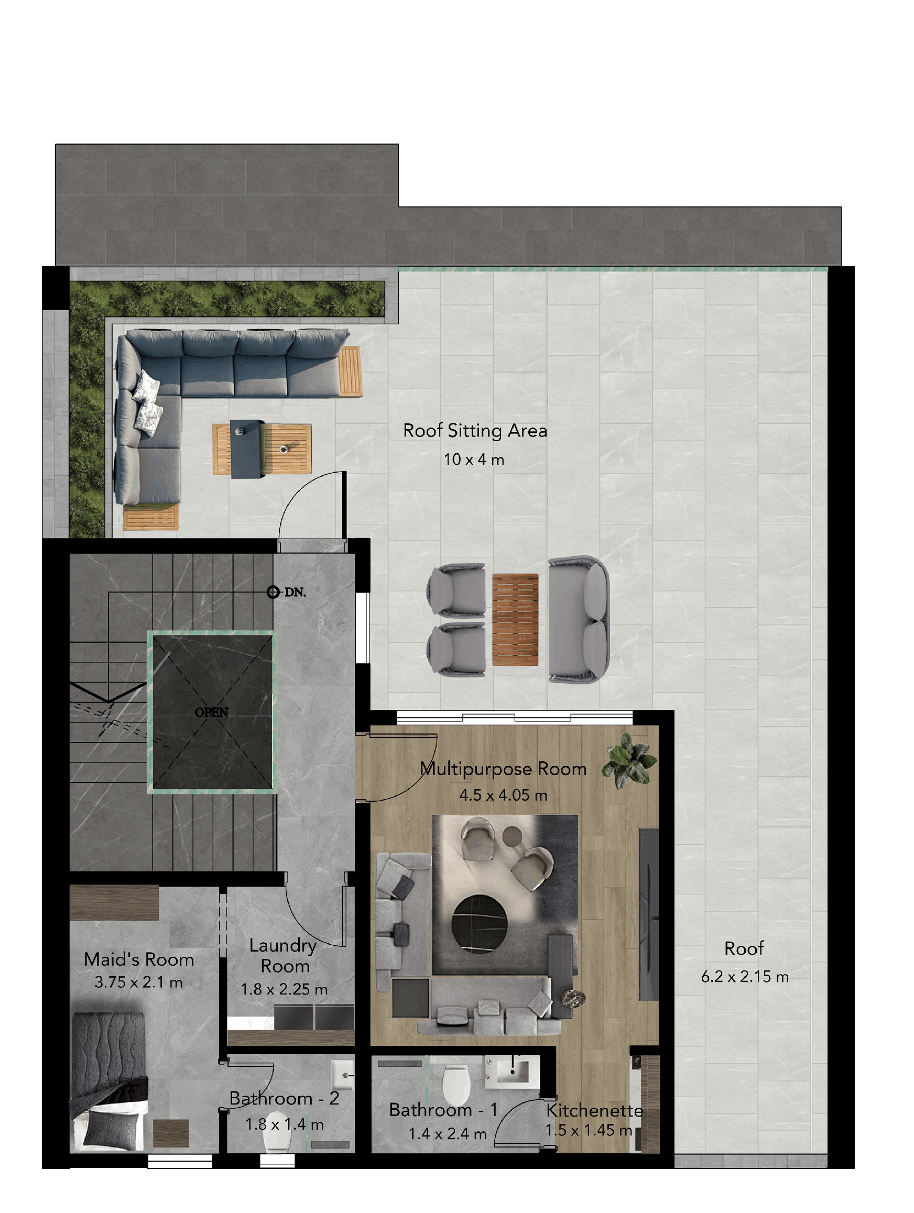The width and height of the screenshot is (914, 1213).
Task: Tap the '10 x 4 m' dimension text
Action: point(473,460)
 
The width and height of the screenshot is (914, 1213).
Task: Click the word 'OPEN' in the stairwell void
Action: point(211,712)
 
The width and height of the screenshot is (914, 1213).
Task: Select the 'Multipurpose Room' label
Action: point(503,769)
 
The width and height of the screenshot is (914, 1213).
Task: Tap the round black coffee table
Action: point(479,924)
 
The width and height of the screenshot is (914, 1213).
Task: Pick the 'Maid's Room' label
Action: point(139,959)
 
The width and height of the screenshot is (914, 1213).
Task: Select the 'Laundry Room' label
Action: point(284,955)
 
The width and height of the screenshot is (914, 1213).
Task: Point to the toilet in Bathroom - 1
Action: point(455,1084)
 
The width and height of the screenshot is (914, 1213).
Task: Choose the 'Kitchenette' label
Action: point(594,1110)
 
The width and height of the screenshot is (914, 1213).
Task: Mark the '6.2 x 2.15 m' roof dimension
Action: point(745,977)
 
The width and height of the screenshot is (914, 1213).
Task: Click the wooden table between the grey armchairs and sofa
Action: point(515,620)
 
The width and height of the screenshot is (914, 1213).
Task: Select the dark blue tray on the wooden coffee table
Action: point(247,449)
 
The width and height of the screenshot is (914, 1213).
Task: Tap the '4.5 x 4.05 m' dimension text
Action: point(503,795)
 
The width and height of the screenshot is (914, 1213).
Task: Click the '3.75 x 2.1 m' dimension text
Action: point(138,982)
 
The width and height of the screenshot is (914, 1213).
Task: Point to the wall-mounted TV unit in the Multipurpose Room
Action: point(648,915)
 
